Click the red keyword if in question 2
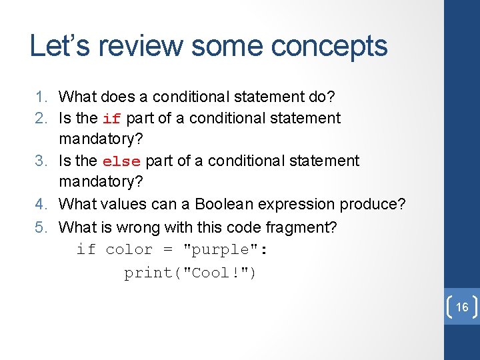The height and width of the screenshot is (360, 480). [111, 119]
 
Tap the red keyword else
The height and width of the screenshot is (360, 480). [121, 162]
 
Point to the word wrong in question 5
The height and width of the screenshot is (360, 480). [139, 227]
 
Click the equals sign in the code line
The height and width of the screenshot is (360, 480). [167, 250]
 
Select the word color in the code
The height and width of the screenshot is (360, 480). [129, 250]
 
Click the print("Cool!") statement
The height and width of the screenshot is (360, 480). [191, 273]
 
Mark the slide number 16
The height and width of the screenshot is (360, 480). [461, 307]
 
